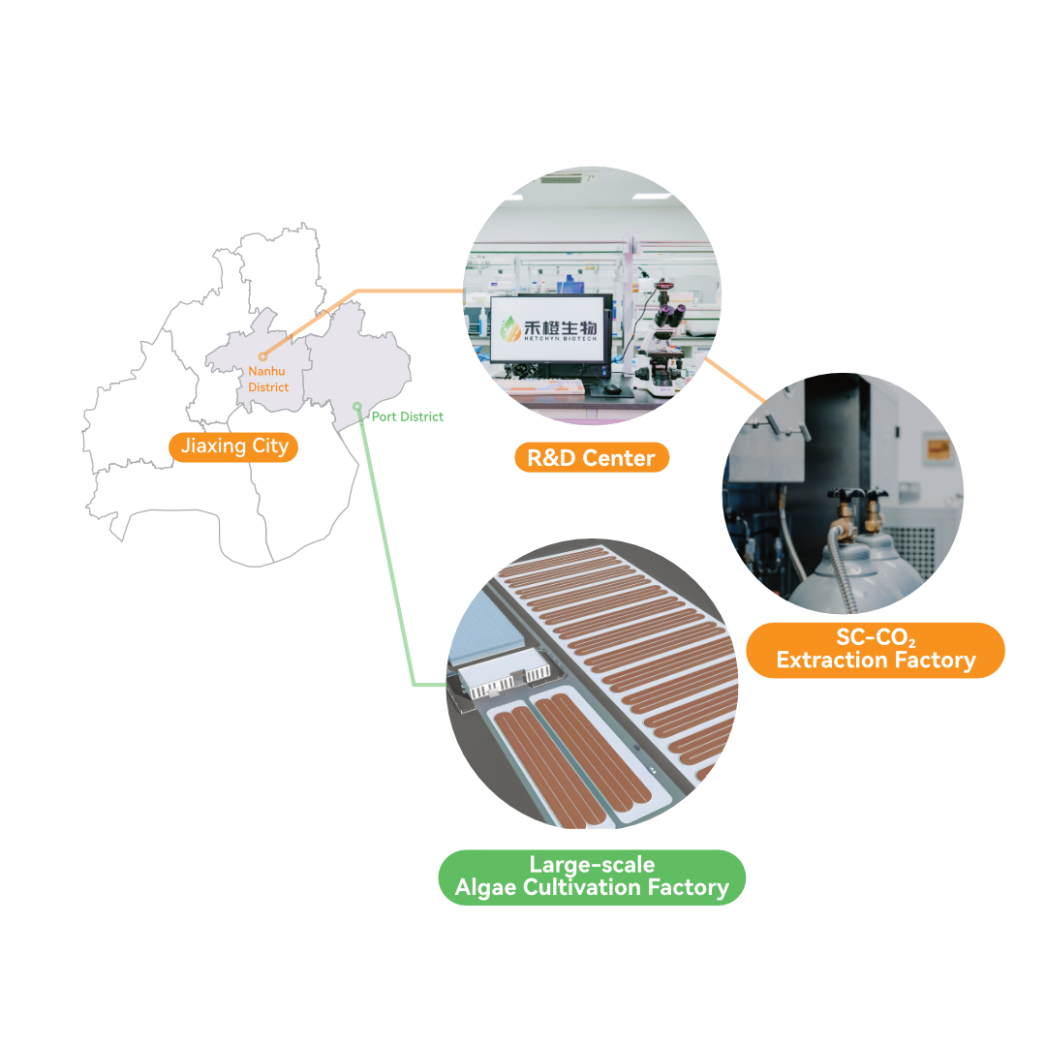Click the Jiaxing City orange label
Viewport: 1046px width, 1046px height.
[x=233, y=446]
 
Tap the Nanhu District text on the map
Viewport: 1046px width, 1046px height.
[x=268, y=379]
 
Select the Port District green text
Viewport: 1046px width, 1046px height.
[x=407, y=416]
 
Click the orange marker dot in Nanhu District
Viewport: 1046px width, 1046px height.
[x=262, y=356]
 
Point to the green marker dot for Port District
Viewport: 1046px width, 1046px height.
[x=357, y=406]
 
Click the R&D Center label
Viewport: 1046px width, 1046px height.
[x=592, y=457]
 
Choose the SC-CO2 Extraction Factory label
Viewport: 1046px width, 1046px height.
[x=876, y=650]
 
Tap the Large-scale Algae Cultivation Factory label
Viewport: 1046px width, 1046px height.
[x=592, y=877]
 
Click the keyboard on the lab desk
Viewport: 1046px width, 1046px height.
[x=544, y=387]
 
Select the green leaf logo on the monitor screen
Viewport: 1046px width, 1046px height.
[x=510, y=328]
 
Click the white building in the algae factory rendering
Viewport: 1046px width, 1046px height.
[x=503, y=674]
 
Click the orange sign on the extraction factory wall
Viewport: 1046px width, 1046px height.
[x=938, y=449]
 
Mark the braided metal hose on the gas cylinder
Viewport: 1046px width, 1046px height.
[x=841, y=567]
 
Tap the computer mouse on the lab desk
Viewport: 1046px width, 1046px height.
[x=611, y=387]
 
